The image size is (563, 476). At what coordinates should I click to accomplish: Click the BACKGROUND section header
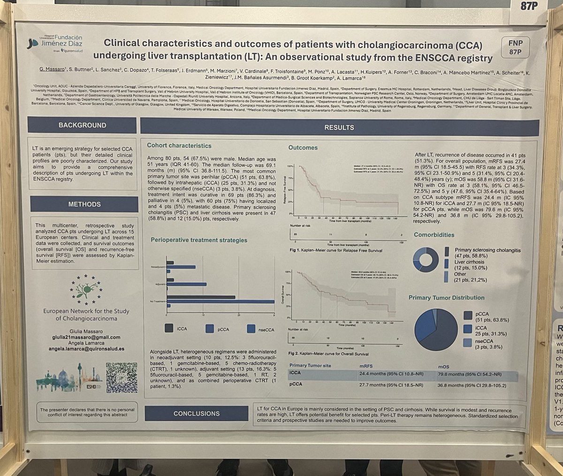pyautogui.click(x=82, y=126)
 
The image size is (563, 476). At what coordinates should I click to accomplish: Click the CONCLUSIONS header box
pyautogui.click(x=196, y=414)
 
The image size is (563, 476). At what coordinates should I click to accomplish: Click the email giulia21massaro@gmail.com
pyautogui.click(x=82, y=337)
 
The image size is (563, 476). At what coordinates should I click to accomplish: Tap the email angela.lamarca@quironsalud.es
pyautogui.click(x=82, y=349)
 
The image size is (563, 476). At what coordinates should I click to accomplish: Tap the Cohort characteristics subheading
pyautogui.click(x=179, y=146)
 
